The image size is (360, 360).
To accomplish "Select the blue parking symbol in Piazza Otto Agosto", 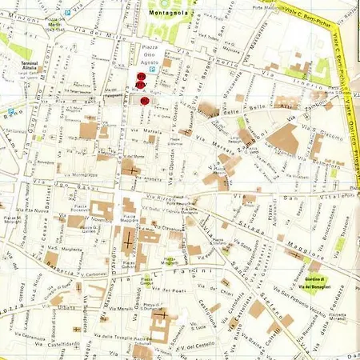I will point(154,70).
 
